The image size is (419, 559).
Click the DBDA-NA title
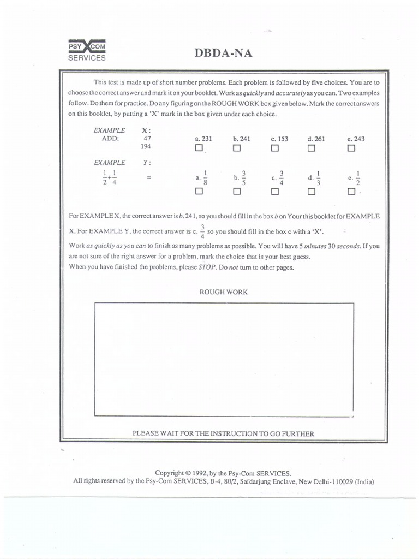pyautogui.click(x=223, y=53)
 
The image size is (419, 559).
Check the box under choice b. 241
pyautogui.click(x=237, y=148)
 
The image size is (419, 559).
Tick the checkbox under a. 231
pyautogui.click(x=199, y=148)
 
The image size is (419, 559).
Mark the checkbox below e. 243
pyautogui.click(x=351, y=148)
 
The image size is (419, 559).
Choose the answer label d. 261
pyautogui.click(x=316, y=139)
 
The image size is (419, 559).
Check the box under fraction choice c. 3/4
pyautogui.click(x=274, y=192)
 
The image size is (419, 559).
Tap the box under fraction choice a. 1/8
pyautogui.click(x=199, y=192)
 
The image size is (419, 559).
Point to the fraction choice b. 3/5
pyautogui.click(x=240, y=177)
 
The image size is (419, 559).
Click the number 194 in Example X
pyautogui.click(x=146, y=147)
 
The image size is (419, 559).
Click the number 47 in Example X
pyautogui.click(x=147, y=139)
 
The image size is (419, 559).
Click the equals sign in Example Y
pyautogui.click(x=147, y=177)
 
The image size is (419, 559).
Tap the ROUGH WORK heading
pyautogui.click(x=224, y=292)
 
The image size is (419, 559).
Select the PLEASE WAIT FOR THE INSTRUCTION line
pyautogui.click(x=224, y=433)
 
